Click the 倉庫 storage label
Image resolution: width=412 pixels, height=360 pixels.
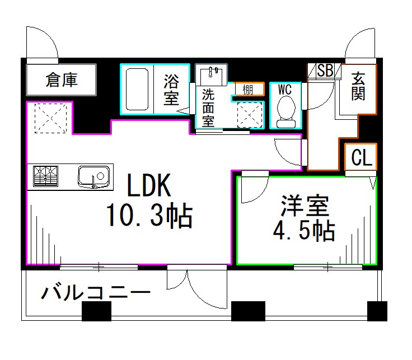[62, 80]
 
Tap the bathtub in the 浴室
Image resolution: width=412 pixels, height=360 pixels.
[137, 89]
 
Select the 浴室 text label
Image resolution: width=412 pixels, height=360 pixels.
[171, 90]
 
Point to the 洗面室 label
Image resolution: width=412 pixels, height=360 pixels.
[208, 107]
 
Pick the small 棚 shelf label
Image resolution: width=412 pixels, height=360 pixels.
[247, 90]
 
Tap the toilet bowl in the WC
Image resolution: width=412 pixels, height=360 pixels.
[286, 110]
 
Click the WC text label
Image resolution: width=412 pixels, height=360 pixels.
[285, 89]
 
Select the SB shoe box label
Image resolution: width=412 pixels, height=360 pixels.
[325, 71]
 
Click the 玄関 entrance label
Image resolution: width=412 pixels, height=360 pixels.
[358, 86]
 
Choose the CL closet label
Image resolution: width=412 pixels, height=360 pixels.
[361, 158]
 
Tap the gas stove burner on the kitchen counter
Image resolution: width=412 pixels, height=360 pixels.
[46, 176]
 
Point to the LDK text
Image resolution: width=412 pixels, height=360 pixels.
[148, 185]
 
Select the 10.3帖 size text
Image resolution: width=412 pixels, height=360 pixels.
[149, 216]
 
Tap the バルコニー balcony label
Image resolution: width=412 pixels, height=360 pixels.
[96, 293]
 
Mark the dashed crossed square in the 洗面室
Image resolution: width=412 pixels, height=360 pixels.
[250, 115]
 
